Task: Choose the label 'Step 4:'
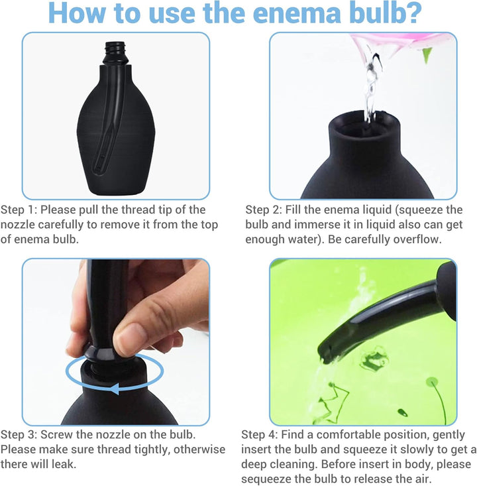pyautogui.click(x=260, y=435)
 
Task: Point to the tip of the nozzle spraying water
pyautogui.click(x=327, y=351)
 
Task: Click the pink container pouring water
pyautogui.click(x=391, y=41)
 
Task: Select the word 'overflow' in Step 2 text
pyautogui.click(x=415, y=240)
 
